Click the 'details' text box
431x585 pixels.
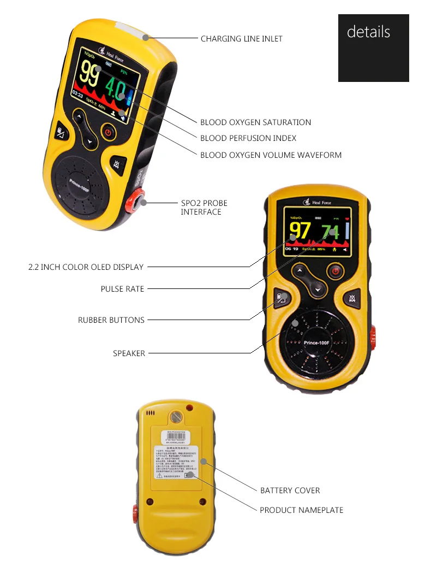click(369, 32)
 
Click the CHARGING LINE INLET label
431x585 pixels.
click(241, 39)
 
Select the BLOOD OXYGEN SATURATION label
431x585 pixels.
click(255, 122)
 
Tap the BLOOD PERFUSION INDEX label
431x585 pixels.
click(248, 138)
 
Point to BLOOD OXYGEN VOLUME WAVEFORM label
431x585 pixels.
click(271, 155)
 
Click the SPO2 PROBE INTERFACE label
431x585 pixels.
click(204, 208)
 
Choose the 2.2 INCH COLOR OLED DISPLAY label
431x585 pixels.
click(86, 267)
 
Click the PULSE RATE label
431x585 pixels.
click(122, 289)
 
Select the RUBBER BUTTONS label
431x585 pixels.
click(111, 320)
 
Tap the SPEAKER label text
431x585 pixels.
click(129, 353)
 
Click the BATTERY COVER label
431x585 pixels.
click(290, 491)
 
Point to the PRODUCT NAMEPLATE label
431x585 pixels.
click(301, 510)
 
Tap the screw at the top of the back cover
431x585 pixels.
click(176, 417)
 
